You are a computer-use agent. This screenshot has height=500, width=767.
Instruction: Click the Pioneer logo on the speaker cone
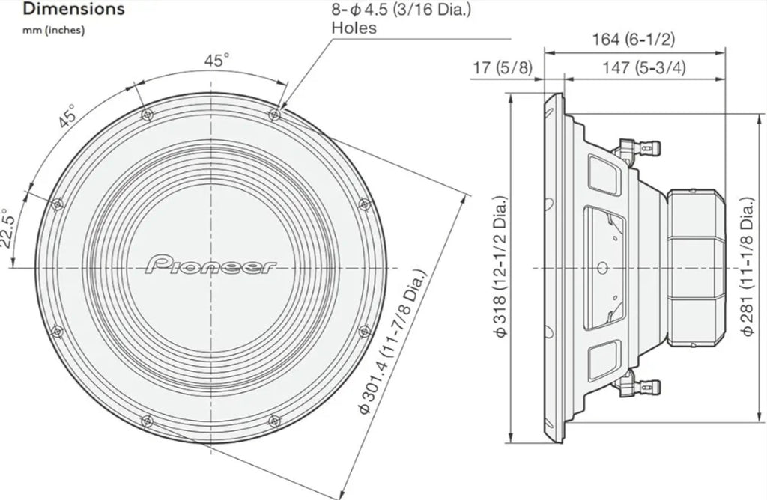[211, 266]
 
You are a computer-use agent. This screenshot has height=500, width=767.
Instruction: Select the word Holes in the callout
[354, 29]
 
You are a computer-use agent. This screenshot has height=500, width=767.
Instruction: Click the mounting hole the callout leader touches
[275, 114]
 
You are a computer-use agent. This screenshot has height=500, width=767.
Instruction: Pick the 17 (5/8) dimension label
[502, 68]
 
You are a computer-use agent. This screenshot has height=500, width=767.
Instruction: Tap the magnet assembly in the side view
[695, 267]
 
